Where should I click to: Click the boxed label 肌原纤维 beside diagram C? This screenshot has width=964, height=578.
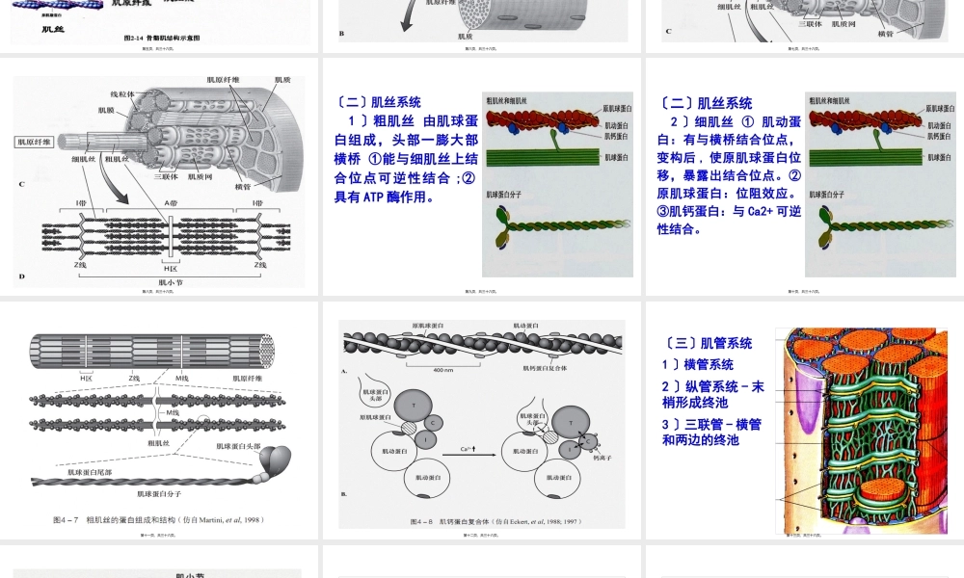click(35, 142)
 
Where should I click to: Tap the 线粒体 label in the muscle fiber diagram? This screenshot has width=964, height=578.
click(122, 94)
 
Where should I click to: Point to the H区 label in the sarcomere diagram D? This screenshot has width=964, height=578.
click(171, 269)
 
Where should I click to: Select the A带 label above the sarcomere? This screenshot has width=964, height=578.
click(171, 203)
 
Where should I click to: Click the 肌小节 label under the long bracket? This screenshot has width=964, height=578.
click(171, 282)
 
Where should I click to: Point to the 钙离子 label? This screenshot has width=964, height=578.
click(604, 459)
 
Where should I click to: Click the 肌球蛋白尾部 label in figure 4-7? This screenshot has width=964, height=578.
click(95, 473)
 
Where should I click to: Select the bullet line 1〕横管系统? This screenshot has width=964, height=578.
click(697, 365)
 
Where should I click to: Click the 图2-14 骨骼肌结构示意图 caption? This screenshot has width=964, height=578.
click(162, 38)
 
